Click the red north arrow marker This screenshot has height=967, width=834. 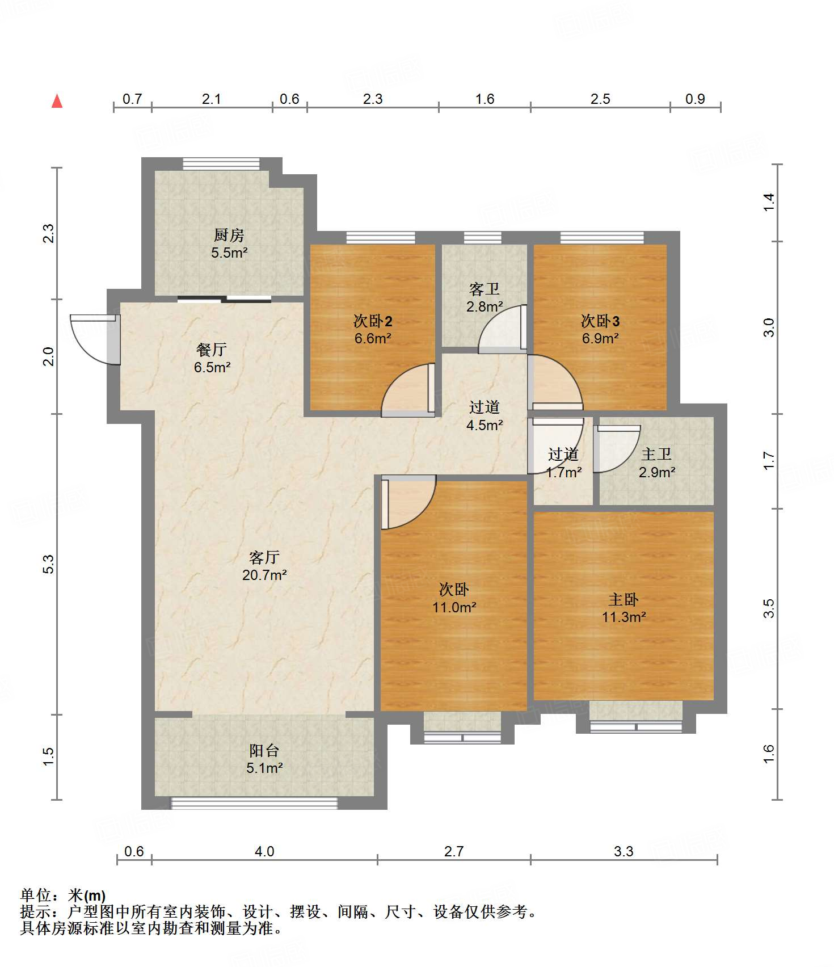click(x=57, y=101)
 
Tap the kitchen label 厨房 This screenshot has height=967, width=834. click(x=229, y=235)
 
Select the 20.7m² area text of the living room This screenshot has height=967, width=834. click(x=264, y=575)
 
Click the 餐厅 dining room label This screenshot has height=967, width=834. click(x=212, y=350)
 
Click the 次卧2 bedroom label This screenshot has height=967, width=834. click(x=373, y=321)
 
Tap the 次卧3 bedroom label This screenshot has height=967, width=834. click(x=600, y=321)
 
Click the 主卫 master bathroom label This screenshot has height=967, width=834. click(x=656, y=454)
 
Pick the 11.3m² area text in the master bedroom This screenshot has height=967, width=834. click(x=624, y=617)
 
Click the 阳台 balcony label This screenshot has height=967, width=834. click(x=264, y=750)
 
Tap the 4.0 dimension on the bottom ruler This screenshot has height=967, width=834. click(x=264, y=851)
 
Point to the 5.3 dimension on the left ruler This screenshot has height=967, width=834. click(x=49, y=564)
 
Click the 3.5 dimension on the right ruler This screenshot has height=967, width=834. click(x=769, y=608)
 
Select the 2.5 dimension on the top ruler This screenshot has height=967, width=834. click(x=600, y=99)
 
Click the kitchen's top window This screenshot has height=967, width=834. click(x=221, y=164)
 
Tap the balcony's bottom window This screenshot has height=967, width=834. click(x=254, y=803)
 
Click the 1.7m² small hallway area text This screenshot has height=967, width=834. click(x=564, y=472)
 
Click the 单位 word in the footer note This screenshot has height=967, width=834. click(x=36, y=895)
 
